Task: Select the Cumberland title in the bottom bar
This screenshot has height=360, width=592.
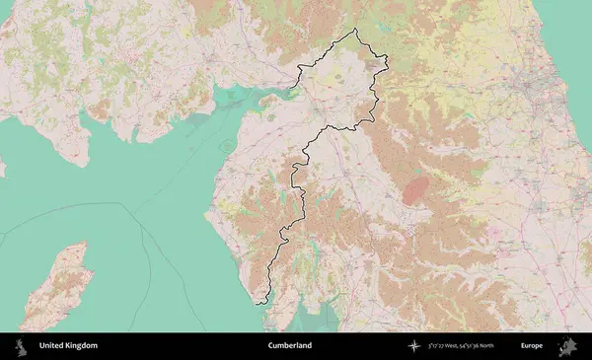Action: [289, 346]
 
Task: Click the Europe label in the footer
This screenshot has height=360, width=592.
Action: [532, 346]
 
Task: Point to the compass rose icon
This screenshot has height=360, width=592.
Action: [414, 346]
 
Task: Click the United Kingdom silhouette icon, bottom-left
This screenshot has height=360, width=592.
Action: [19, 346]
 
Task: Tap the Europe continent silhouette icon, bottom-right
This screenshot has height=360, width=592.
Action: [567, 346]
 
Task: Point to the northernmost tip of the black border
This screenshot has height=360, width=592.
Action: [356, 29]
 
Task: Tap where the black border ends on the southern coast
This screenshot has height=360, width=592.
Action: [261, 304]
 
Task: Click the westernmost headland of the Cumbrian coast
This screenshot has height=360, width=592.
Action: [206, 212]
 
